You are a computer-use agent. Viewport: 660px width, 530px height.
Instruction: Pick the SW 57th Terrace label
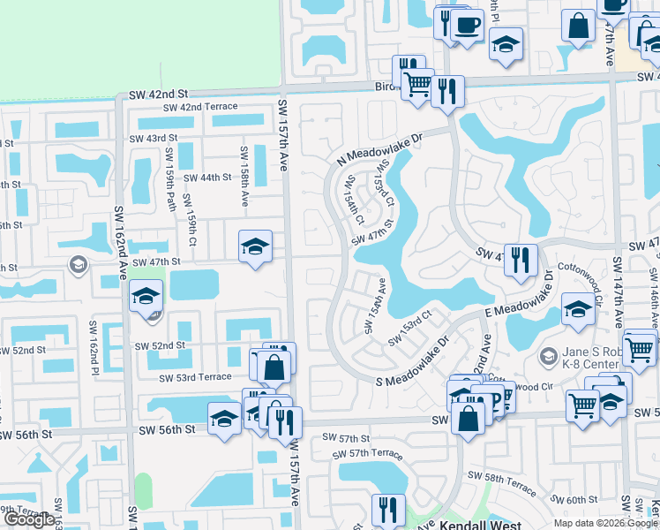point(368,454)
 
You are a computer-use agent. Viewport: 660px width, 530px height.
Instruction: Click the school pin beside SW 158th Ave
point(255,246)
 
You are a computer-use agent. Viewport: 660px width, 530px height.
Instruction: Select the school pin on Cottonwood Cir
point(577,309)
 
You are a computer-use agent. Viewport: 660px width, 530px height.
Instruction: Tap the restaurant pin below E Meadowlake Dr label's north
point(521,259)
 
